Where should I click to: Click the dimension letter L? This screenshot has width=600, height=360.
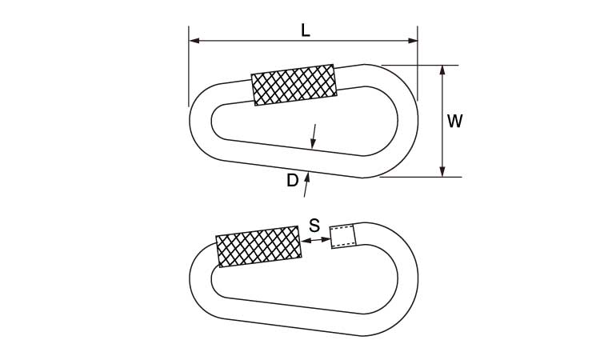(305, 30)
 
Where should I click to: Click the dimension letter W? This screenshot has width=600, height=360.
(455, 121)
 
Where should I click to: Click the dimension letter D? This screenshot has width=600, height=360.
(292, 180)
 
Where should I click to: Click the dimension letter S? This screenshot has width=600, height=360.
(314, 226)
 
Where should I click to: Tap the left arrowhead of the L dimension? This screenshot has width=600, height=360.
(194, 41)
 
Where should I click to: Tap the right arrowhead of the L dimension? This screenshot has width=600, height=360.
(413, 41)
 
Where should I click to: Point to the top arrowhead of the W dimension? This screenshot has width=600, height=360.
(442, 70)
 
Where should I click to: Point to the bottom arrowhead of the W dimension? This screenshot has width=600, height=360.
(442, 172)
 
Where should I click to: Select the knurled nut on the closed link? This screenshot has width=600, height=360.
(294, 85)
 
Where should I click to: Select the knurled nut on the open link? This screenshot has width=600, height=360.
(258, 246)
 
